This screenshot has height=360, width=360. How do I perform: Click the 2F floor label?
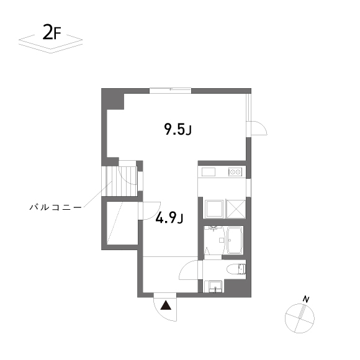(x=52, y=32)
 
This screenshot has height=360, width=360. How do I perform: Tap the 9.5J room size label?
(x=178, y=129)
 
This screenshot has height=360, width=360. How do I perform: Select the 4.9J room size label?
(x=169, y=218)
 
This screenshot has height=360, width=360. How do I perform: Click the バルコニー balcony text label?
(x=55, y=207)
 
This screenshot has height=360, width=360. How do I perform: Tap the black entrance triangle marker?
(x=166, y=305)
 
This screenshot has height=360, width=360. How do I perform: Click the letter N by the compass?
(x=306, y=299)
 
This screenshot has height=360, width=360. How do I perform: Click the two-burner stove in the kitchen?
(x=235, y=172)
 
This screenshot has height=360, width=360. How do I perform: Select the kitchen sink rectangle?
(x=208, y=172)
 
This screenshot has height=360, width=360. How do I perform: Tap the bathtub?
(x=235, y=240)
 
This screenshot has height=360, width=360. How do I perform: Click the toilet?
(x=236, y=269)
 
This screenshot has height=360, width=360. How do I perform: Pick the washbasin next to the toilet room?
(x=215, y=286)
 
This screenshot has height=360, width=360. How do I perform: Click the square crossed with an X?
(x=236, y=209)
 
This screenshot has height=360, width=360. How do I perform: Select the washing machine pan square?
(x=214, y=209)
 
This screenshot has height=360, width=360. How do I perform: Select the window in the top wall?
(x=170, y=90)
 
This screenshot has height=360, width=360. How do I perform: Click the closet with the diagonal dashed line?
(x=122, y=223)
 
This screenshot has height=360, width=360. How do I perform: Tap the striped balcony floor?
(x=119, y=181)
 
